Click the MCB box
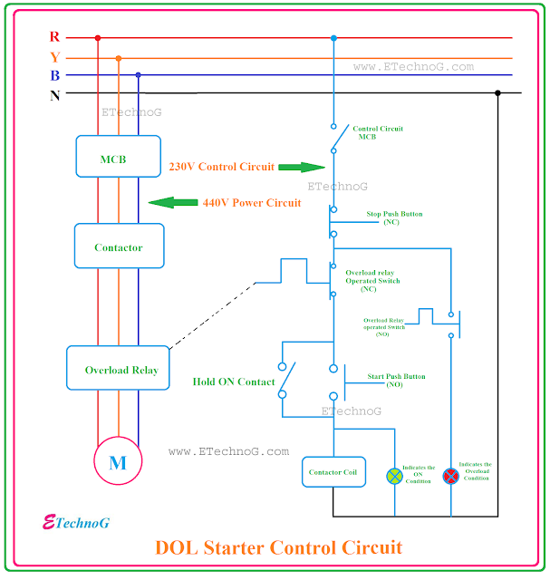(x=118, y=159)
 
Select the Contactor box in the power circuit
(x=118, y=246)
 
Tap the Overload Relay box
(x=119, y=369)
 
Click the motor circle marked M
(x=118, y=463)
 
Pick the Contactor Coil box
(x=334, y=472)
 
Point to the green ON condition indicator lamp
(x=394, y=475)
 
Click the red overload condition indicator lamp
(x=450, y=475)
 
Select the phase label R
(x=54, y=37)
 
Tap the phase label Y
(x=54, y=57)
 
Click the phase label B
(x=54, y=75)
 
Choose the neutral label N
(x=54, y=93)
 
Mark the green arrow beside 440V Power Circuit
(x=173, y=203)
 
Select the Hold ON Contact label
(x=234, y=382)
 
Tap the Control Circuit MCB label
(x=378, y=132)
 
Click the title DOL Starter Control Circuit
(x=278, y=547)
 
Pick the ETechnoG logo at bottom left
(x=76, y=522)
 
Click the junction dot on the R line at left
(x=98, y=38)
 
